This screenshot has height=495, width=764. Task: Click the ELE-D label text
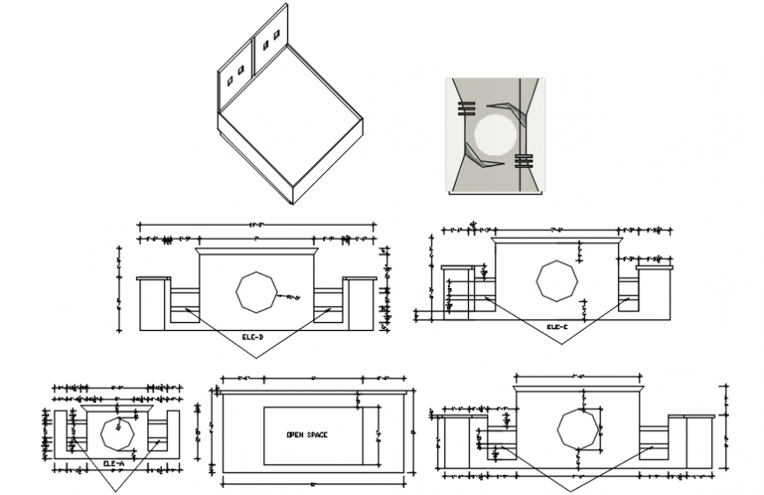(253, 336)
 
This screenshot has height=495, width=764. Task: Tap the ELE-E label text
(557, 327)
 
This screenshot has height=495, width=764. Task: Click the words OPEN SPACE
(306, 435)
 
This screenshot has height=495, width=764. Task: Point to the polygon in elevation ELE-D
(256, 291)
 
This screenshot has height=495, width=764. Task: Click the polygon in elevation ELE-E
(557, 281)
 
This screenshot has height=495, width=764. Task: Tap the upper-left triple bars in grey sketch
(466, 109)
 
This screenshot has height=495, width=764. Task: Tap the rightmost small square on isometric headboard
(276, 35)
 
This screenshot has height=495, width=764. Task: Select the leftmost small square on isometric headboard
(230, 80)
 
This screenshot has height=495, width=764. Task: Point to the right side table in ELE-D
(360, 304)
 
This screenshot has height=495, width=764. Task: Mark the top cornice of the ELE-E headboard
(557, 239)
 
